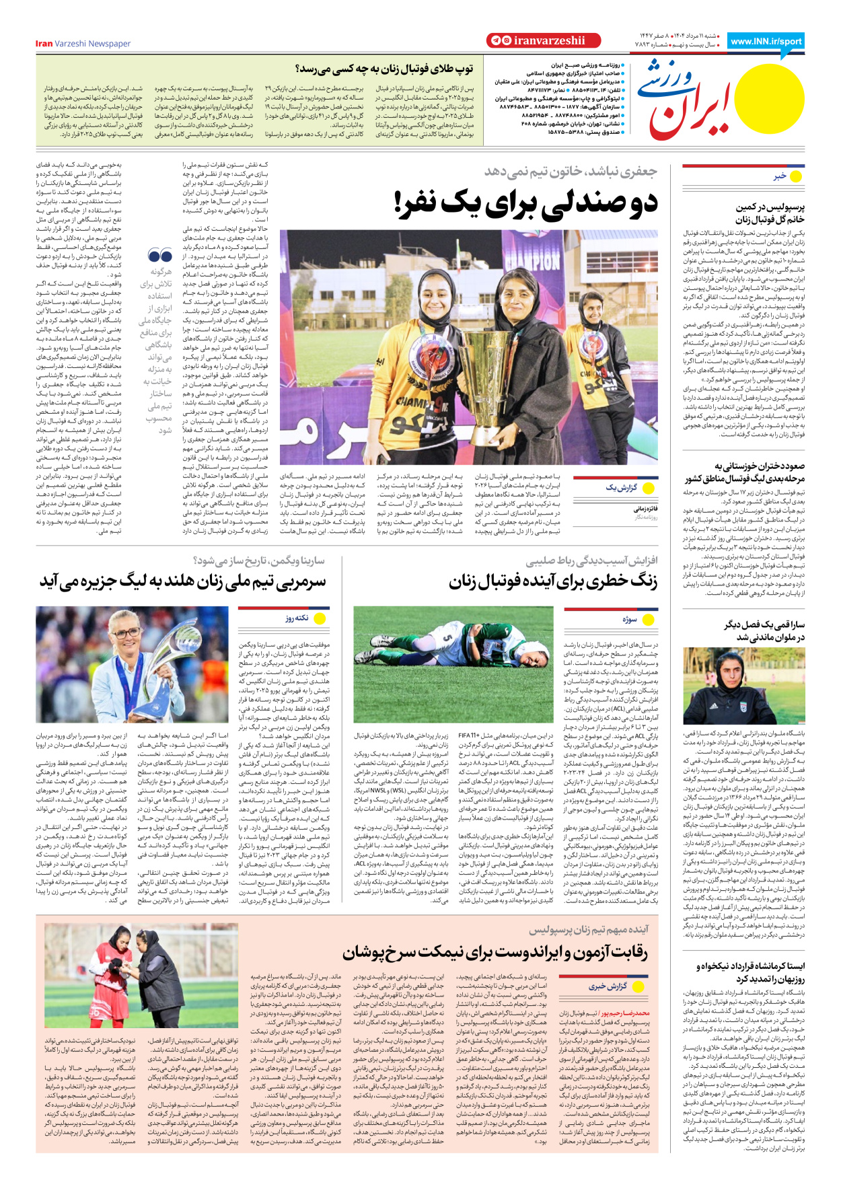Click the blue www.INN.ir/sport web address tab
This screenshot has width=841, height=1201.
[x=766, y=41]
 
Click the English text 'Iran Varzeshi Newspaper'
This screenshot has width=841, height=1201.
[x=83, y=44]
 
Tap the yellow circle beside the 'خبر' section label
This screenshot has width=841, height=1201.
[x=796, y=176]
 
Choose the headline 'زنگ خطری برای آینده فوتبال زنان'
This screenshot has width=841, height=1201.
[x=553, y=581]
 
